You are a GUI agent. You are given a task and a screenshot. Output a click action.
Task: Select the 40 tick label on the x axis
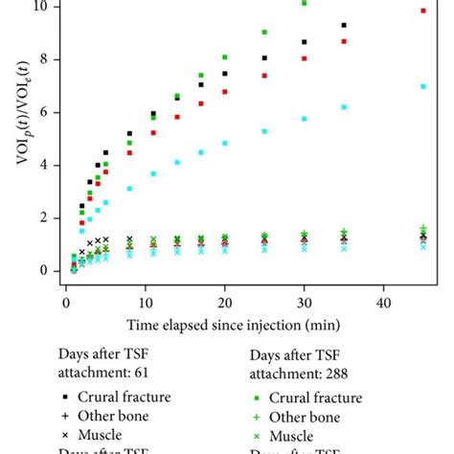384,303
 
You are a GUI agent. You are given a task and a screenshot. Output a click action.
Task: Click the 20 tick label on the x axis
225,303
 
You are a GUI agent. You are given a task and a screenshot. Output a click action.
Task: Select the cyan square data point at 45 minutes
423,86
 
